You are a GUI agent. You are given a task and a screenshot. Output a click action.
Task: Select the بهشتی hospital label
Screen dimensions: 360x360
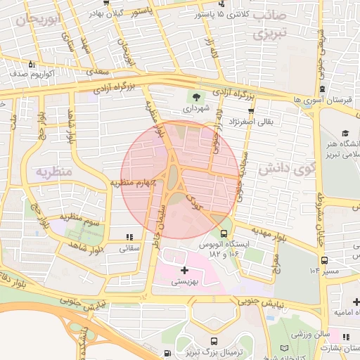[185, 282]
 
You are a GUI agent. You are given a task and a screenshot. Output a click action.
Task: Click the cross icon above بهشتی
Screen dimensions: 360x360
[184, 270]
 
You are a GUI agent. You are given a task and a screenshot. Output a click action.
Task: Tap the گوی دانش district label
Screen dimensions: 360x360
[284, 169]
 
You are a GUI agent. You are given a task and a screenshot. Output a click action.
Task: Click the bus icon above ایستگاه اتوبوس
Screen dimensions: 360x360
[224, 233]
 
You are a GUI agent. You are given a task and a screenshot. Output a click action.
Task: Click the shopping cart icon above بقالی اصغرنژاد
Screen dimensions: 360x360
[251, 111]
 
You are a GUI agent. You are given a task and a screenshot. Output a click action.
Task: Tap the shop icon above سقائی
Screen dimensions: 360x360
[128, 237]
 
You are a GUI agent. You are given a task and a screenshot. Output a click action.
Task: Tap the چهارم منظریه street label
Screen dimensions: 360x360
[132, 183]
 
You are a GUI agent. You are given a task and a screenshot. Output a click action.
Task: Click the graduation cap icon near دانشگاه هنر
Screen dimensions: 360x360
[345, 134]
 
